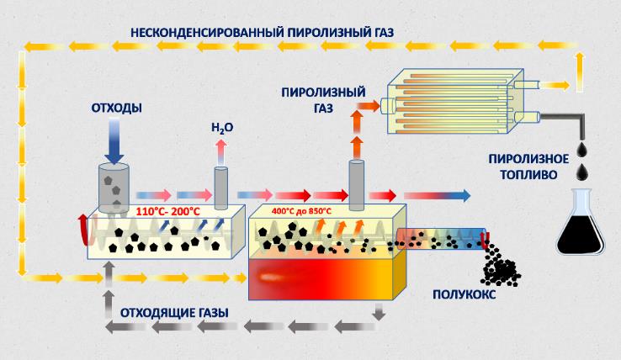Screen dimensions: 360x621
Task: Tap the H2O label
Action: pyautogui.click(x=221, y=130)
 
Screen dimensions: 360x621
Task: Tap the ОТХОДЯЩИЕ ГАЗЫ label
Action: pyautogui.click(x=175, y=312)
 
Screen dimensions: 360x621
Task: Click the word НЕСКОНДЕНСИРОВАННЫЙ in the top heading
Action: pyautogui.click(x=197, y=33)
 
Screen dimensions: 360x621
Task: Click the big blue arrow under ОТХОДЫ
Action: pyautogui.click(x=115, y=140)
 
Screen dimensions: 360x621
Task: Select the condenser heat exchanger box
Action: pyautogui.click(x=455, y=104)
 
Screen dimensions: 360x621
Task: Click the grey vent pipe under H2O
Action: pyautogui.click(x=221, y=187)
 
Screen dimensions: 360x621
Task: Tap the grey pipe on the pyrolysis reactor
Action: pyautogui.click(x=357, y=184)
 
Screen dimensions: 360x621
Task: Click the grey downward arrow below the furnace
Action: pyautogui.click(x=379, y=313)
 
